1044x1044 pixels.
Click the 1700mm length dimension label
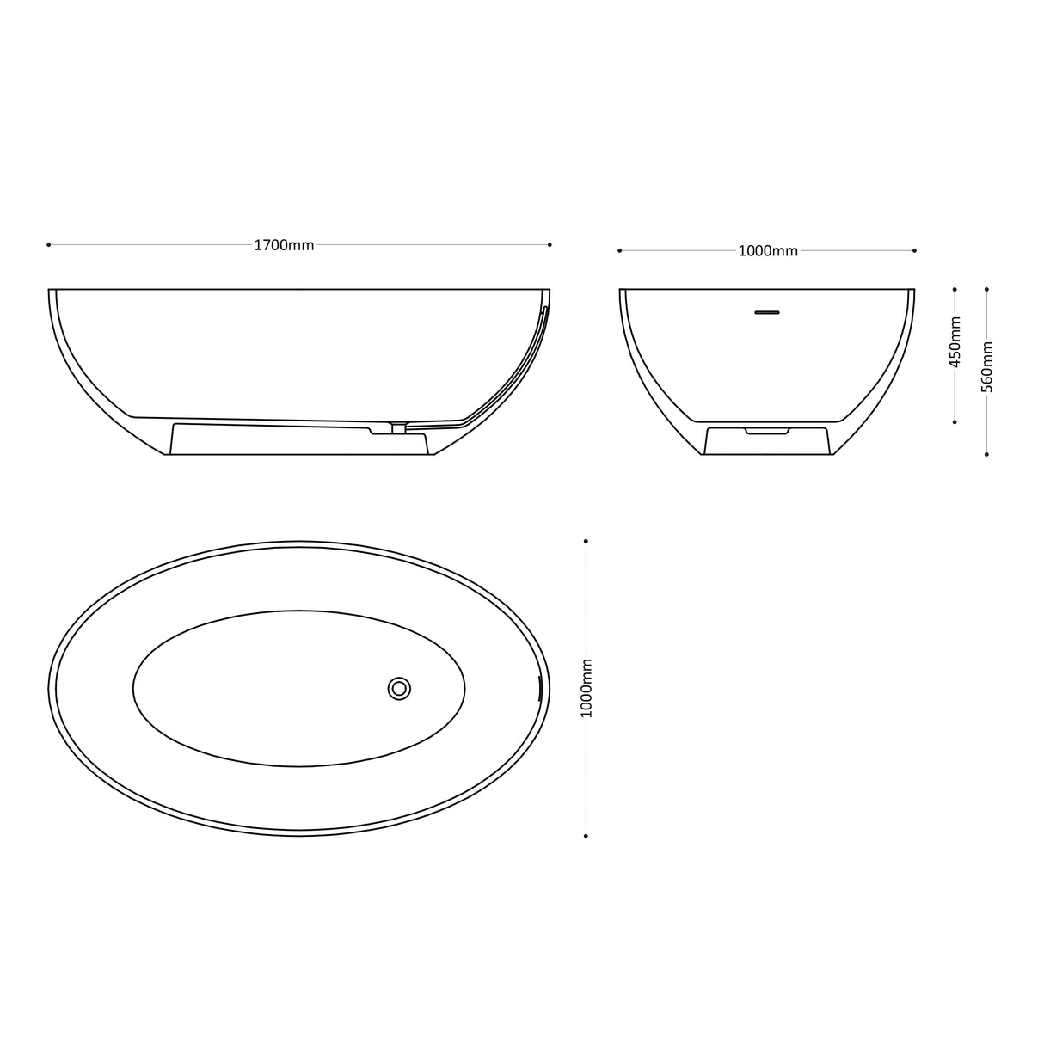point(284,245)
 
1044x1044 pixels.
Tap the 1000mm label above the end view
point(768,251)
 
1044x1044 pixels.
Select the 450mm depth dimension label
point(955,341)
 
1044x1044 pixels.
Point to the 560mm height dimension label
point(987,367)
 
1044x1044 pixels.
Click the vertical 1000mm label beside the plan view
point(586,688)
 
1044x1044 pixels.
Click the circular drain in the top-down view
point(399,688)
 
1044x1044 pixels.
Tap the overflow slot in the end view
point(767,311)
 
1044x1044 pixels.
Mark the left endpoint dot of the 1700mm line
point(49,244)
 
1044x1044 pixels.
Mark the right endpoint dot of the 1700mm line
point(550,244)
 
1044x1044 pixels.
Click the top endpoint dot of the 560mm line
point(986,290)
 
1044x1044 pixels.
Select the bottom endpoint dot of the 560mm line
point(986,454)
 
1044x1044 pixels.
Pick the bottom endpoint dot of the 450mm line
point(955,422)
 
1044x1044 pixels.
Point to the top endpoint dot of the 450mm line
point(955,290)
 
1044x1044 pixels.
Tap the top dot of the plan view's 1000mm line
point(586,541)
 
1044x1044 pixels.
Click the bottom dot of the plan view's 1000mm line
point(586,835)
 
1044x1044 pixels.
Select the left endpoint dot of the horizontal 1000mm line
point(620,250)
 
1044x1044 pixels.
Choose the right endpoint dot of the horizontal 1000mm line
point(914,250)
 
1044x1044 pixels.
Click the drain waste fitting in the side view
point(398,427)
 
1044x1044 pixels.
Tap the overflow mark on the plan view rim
point(539,688)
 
